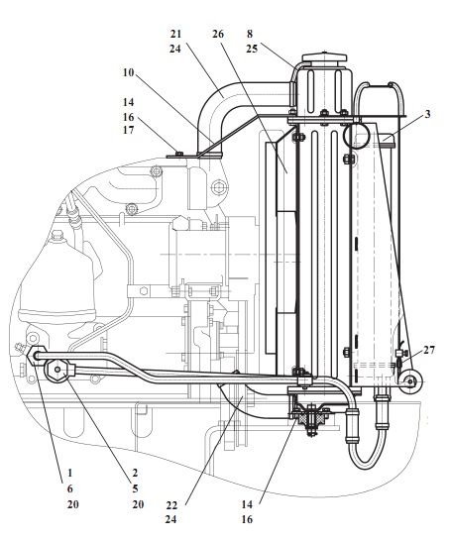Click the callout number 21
(175, 34)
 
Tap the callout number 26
(218, 34)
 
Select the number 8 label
(250, 34)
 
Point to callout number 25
(252, 49)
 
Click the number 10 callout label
(128, 72)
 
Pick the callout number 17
(128, 130)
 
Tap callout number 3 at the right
(427, 114)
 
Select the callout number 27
(429, 350)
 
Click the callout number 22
(171, 505)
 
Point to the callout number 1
(70, 473)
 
